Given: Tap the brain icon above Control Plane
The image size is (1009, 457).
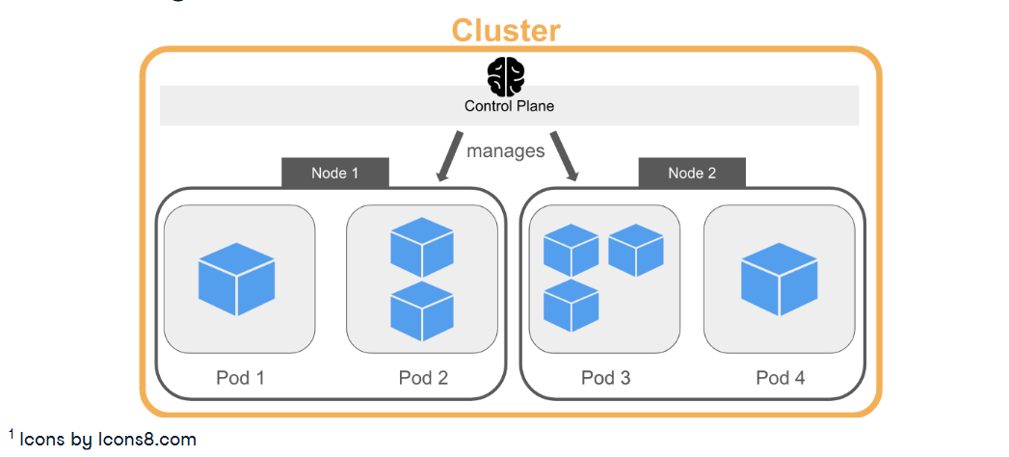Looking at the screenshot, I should (x=505, y=76).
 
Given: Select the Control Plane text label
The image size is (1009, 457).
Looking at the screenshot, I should (x=509, y=106).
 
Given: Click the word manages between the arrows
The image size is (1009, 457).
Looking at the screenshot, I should (x=505, y=151).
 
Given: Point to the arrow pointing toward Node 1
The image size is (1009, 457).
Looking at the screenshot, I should (x=450, y=155).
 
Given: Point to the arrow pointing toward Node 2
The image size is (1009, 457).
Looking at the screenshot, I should (x=565, y=155).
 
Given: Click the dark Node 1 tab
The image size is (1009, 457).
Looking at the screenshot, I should (x=334, y=174).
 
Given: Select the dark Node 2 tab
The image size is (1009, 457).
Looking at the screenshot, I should (x=691, y=174).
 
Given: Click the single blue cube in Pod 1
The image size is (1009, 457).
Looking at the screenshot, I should (x=237, y=279).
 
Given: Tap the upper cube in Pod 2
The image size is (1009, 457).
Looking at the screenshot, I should (x=421, y=247).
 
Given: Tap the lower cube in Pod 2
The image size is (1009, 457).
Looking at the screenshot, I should (x=421, y=310).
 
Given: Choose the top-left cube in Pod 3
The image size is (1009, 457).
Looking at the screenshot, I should (x=571, y=250).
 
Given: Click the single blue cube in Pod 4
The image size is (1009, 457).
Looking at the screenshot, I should (x=779, y=279).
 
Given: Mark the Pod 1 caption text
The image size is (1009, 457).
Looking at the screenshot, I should (x=240, y=378).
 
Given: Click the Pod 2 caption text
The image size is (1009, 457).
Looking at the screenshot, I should (x=423, y=378).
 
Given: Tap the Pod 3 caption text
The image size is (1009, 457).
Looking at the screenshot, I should (x=605, y=378).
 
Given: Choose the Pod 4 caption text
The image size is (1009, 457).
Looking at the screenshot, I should (x=780, y=378).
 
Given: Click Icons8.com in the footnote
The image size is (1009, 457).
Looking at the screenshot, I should (x=146, y=440).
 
